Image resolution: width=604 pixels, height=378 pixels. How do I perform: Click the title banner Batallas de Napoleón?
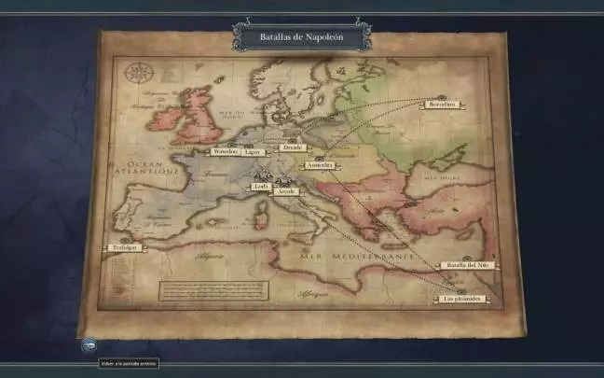click(x=301, y=35)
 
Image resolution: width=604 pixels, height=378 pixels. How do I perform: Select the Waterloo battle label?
click(x=226, y=151)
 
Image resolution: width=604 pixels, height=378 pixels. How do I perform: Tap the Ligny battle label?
click(x=254, y=151)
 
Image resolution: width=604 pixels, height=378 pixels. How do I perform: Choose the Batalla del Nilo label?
click(x=469, y=266)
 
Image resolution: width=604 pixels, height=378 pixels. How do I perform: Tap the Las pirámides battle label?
click(x=462, y=299)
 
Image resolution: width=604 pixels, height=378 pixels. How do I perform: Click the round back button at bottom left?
click(x=87, y=344)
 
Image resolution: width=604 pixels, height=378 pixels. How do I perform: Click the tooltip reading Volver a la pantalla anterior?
click(x=129, y=363)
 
